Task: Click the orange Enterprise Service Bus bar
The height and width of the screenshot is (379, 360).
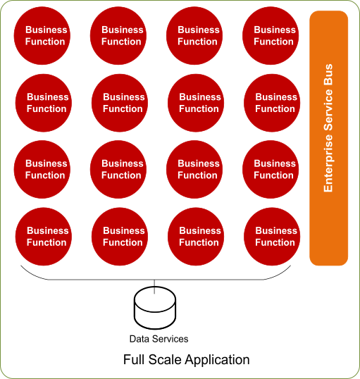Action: tap(329, 137)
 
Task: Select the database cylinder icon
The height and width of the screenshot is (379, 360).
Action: tap(155, 311)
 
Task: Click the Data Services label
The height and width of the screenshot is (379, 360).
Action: tap(159, 340)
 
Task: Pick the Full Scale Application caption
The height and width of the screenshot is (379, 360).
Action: tap(186, 360)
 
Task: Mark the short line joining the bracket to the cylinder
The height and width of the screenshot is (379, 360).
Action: tap(155, 285)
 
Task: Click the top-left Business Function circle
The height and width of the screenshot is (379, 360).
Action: tap(46, 36)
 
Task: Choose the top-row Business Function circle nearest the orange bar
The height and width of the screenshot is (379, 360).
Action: tap(274, 36)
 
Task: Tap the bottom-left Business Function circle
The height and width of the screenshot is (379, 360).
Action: tap(46, 237)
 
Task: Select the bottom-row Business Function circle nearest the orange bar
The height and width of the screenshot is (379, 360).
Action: tap(274, 237)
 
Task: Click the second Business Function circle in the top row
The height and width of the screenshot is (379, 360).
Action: tap(122, 36)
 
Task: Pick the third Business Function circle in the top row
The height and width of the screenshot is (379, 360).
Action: tap(198, 36)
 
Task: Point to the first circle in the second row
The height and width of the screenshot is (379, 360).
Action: tap(46, 103)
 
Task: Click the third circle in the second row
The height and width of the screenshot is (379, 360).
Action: tap(198, 103)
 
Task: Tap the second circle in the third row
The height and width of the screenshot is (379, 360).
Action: tap(122, 170)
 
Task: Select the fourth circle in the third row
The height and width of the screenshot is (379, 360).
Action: tap(274, 170)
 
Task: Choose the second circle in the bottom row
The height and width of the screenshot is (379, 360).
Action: tap(122, 237)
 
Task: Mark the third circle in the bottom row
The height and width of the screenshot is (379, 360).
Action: tap(198, 237)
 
